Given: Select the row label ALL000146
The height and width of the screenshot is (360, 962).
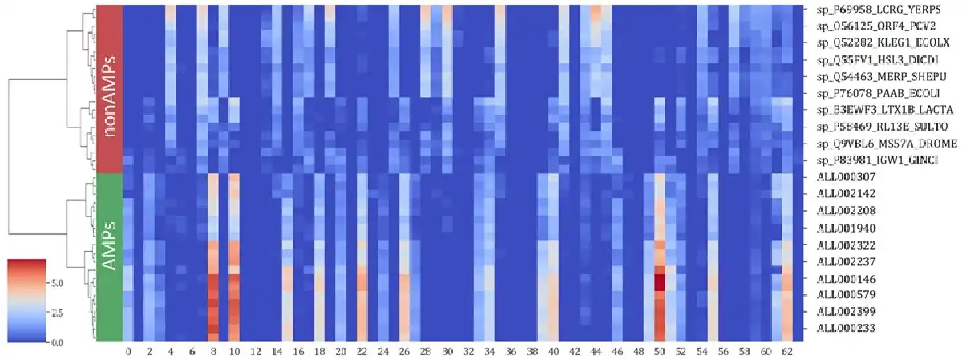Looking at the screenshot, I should pos(846,278).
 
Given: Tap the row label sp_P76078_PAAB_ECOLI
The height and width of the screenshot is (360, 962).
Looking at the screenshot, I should pos(869,93).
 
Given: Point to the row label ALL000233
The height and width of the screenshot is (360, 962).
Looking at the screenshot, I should pos(846,329).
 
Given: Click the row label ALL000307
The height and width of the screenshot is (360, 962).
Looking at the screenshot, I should pos(846,178).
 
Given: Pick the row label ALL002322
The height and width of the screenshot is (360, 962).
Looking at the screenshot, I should pos(846,245).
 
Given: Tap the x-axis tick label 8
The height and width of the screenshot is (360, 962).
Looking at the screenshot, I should pos(212,351).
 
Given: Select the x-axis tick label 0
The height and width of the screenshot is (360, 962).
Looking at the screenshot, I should pos(129,351).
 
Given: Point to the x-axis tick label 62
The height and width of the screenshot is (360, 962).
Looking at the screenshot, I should pos(787,351).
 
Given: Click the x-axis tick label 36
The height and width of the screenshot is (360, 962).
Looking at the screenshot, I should pos(511,351).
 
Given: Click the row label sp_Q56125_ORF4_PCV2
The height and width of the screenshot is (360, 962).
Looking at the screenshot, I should pos(868,26).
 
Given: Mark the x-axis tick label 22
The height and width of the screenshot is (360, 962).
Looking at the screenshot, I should pos(362,351).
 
